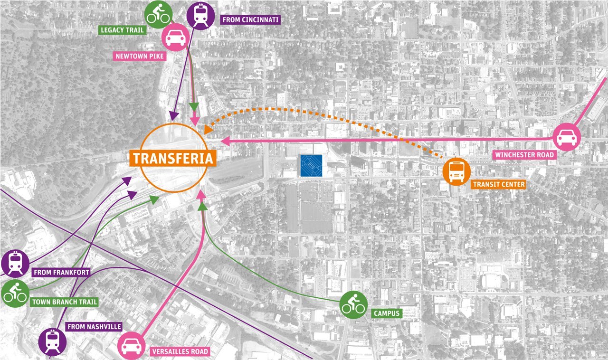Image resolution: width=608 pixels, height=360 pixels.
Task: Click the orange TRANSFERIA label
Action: tap(173, 158)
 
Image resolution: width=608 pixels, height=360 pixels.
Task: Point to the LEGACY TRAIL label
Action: tap(122, 30)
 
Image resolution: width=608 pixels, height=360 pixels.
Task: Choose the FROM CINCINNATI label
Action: tap(250, 20)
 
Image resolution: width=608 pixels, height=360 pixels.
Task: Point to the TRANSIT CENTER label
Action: tap(498, 184)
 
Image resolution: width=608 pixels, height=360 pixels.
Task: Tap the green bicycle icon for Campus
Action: tap(353, 304)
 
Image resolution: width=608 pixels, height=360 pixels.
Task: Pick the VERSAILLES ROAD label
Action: tap(180, 352)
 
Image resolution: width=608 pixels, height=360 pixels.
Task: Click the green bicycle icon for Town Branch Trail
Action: tap(15, 294)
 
